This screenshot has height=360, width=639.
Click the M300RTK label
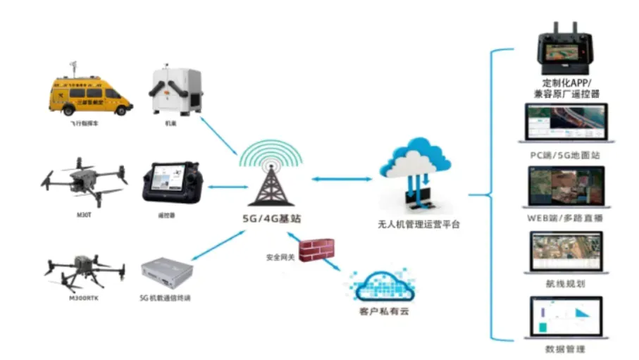pyautogui.click(x=83, y=298)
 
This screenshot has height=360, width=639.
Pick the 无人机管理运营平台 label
pyautogui.click(x=418, y=225)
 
